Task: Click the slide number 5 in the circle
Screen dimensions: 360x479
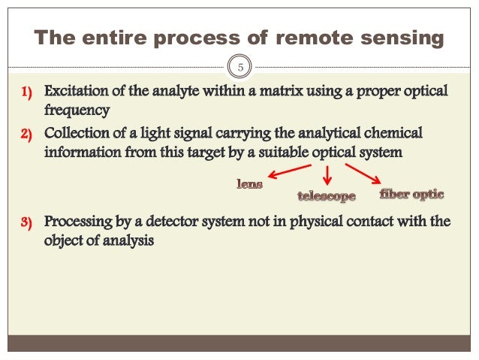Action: coord(241,68)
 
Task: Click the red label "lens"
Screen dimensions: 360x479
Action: coord(250,183)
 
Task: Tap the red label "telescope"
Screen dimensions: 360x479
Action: coord(327,196)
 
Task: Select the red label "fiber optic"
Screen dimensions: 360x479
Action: coord(412,194)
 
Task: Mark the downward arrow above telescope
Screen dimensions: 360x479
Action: coord(327,175)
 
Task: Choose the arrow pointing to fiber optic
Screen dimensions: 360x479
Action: coord(363,174)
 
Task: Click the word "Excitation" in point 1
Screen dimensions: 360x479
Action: coord(77,92)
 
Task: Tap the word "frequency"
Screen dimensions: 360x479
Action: coord(77,110)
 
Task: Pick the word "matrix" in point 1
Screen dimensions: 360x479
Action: coord(263,92)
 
